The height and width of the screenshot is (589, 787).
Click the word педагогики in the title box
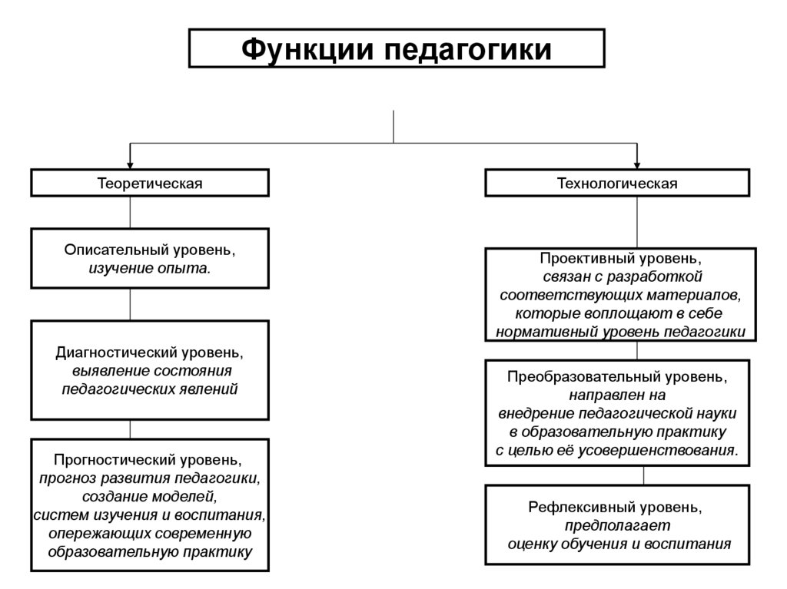click(467, 49)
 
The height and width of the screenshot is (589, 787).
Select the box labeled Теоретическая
click(150, 184)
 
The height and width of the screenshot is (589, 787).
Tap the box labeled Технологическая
click(617, 184)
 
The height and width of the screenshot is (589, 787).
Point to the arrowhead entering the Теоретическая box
click(130, 164)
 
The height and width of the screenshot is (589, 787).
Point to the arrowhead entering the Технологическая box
click(637, 164)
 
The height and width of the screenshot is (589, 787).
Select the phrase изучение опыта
click(150, 269)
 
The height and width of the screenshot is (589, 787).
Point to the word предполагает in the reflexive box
click(618, 526)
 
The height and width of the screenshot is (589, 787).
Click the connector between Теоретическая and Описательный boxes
click(130, 212)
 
